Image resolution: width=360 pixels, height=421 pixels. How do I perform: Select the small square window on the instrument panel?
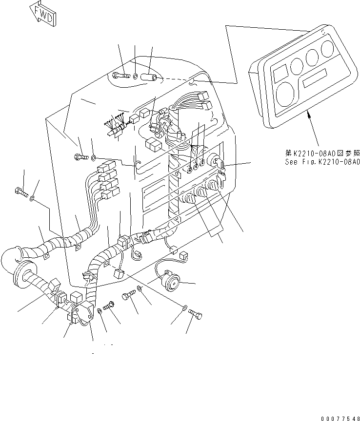(x=281, y=73)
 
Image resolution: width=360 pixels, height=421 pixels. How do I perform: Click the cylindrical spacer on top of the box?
(x=149, y=77)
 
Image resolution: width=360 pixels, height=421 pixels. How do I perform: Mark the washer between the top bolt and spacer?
(x=135, y=76)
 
